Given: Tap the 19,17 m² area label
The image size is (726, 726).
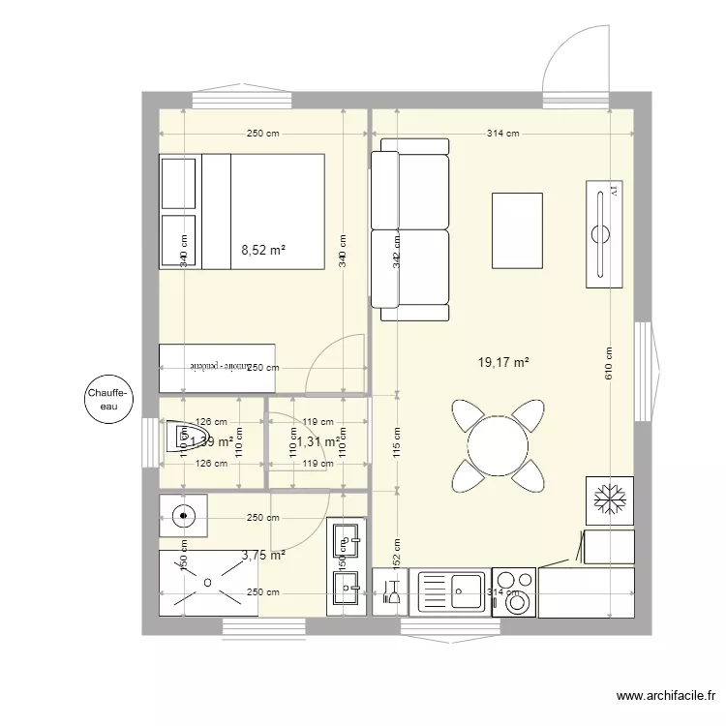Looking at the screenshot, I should [x=503, y=363].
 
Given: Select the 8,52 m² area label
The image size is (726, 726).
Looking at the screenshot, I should [x=263, y=250].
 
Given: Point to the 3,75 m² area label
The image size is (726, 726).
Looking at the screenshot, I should [x=263, y=556].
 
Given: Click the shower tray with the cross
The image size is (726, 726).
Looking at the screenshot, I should [x=207, y=582].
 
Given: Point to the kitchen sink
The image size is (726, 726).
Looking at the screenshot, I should [x=452, y=591].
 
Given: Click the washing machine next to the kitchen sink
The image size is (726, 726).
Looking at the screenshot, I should [x=514, y=592].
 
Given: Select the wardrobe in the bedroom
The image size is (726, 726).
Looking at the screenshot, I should [x=217, y=368].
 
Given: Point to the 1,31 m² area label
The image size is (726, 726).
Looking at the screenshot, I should [x=318, y=442].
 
